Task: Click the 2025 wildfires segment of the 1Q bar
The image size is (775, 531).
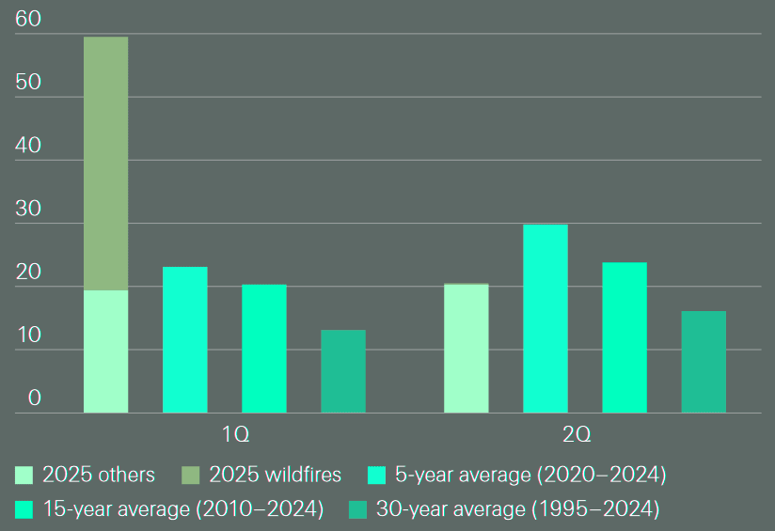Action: pyautogui.click(x=105, y=164)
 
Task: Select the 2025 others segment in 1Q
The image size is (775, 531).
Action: pyautogui.click(x=105, y=351)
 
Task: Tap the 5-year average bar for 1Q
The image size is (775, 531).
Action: pyautogui.click(x=184, y=340)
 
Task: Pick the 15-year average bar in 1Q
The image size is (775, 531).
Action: pyautogui.click(x=263, y=349)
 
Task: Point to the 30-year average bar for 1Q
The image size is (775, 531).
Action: pyautogui.click(x=342, y=371)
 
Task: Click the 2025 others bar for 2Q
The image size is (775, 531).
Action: pyautogui.click(x=466, y=349)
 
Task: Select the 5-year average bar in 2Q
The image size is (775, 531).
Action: pyautogui.click(x=545, y=319)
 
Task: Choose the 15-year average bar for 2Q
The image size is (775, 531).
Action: pyautogui.click(x=624, y=337)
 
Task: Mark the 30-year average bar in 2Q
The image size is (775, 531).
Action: pyautogui.click(x=703, y=362)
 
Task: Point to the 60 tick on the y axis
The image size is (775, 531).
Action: pyautogui.click(x=28, y=19)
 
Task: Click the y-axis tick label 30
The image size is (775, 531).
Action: pyautogui.click(x=28, y=209)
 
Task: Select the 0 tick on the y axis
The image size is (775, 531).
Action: pyautogui.click(x=35, y=398)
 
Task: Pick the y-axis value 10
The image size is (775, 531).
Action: pyautogui.click(x=28, y=336)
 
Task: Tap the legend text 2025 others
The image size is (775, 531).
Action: pyautogui.click(x=99, y=475)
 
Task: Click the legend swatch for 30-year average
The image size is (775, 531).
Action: pyautogui.click(x=357, y=509)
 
